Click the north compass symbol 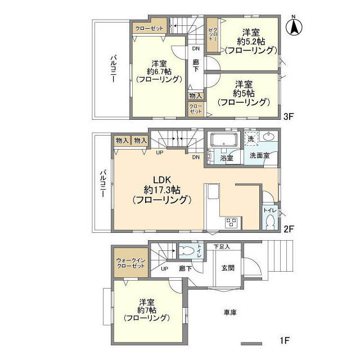point(294,26)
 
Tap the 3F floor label point(289,116)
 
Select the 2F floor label point(289,229)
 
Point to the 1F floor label point(285,340)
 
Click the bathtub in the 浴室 point(224,140)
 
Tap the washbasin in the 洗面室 point(268,137)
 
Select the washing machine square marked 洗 point(251,139)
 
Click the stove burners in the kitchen point(231,223)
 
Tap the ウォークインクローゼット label point(130,263)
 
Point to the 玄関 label point(228,268)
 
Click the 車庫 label point(230,312)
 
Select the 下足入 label point(222,247)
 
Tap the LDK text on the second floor point(162,180)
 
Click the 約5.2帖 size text point(251,42)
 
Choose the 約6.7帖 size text point(159,71)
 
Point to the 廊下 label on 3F point(196,65)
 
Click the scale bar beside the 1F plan point(251,344)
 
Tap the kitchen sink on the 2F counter point(214,191)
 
